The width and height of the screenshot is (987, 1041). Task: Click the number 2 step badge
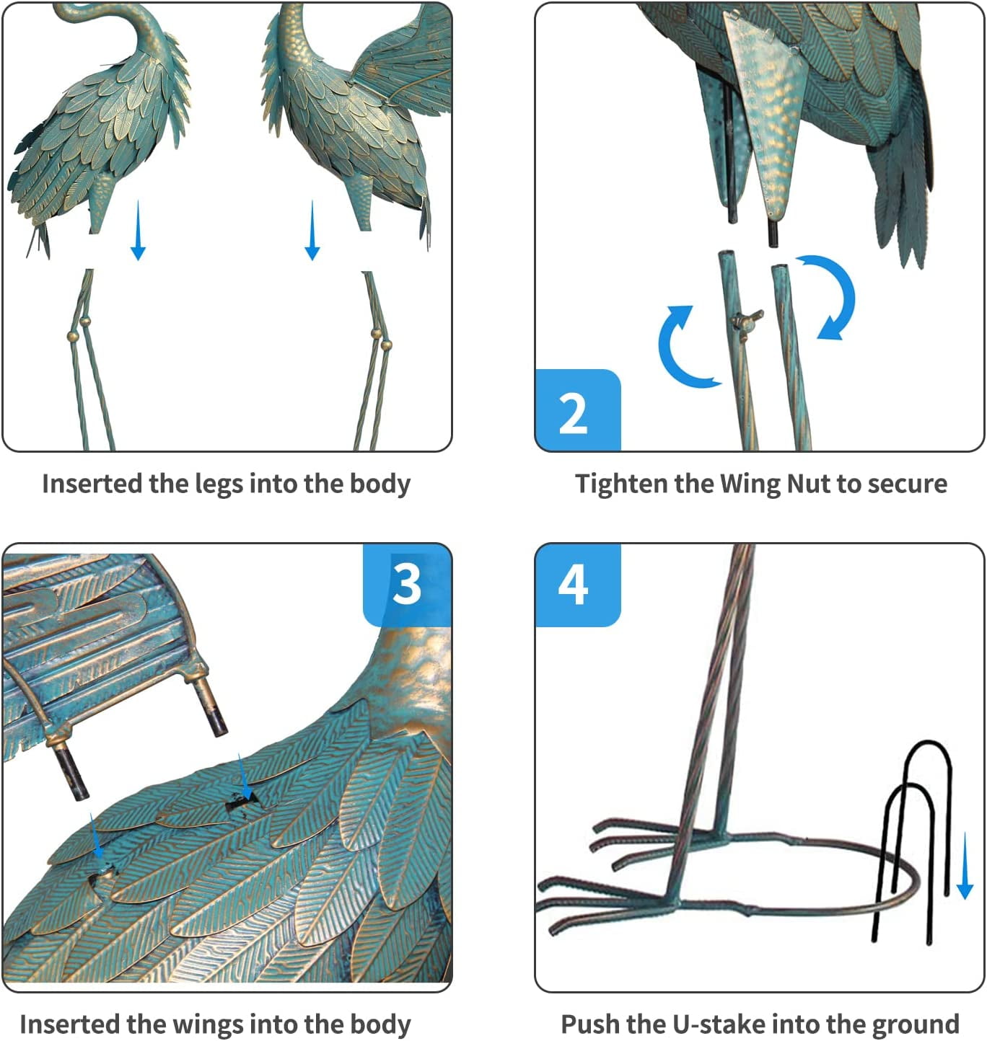coord(578,410)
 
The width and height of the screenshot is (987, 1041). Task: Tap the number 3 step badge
coord(407,585)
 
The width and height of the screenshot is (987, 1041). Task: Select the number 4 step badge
coord(578,585)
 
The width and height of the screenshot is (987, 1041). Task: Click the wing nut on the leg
coord(746,320)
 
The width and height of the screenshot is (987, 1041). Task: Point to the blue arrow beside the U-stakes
coord(965,866)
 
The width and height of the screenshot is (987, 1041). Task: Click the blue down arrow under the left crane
coord(139,231)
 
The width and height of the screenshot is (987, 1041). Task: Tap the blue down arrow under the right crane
coord(312,231)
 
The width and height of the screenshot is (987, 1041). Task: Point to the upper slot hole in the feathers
coord(242,805)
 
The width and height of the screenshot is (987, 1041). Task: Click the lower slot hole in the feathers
coord(102,870)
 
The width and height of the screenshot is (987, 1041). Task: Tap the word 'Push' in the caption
coord(587,1024)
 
